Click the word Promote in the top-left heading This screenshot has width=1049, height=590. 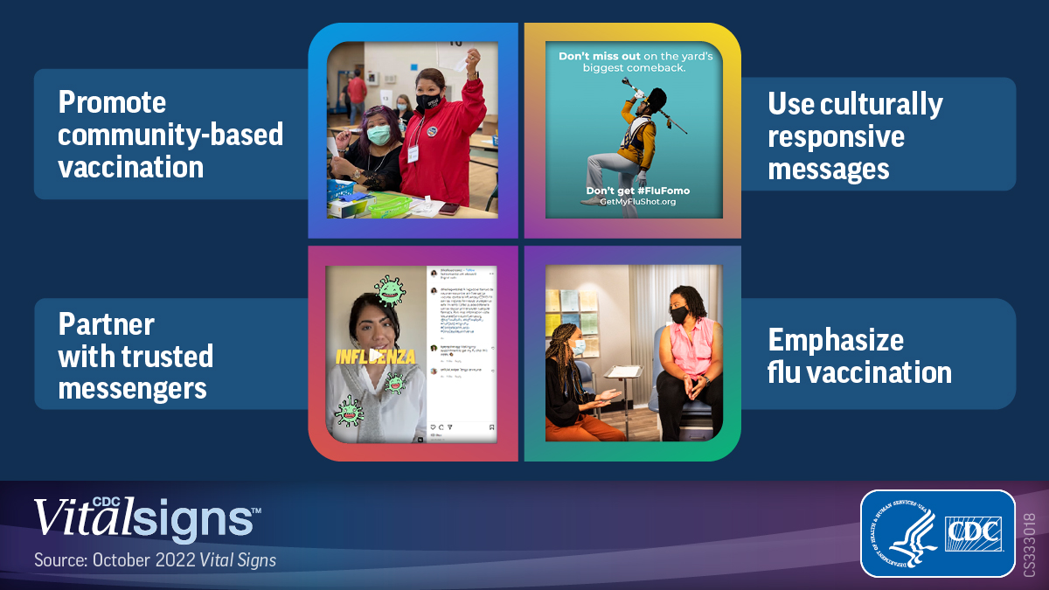[112, 102]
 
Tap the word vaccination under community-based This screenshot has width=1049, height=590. [130, 166]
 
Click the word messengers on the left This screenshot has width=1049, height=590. [132, 387]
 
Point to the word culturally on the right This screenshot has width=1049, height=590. [882, 104]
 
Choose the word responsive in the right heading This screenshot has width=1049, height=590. [836, 136]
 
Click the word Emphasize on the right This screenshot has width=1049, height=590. [835, 339]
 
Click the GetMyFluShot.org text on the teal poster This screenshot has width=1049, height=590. [637, 201]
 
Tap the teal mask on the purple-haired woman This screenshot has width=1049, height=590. [379, 135]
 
